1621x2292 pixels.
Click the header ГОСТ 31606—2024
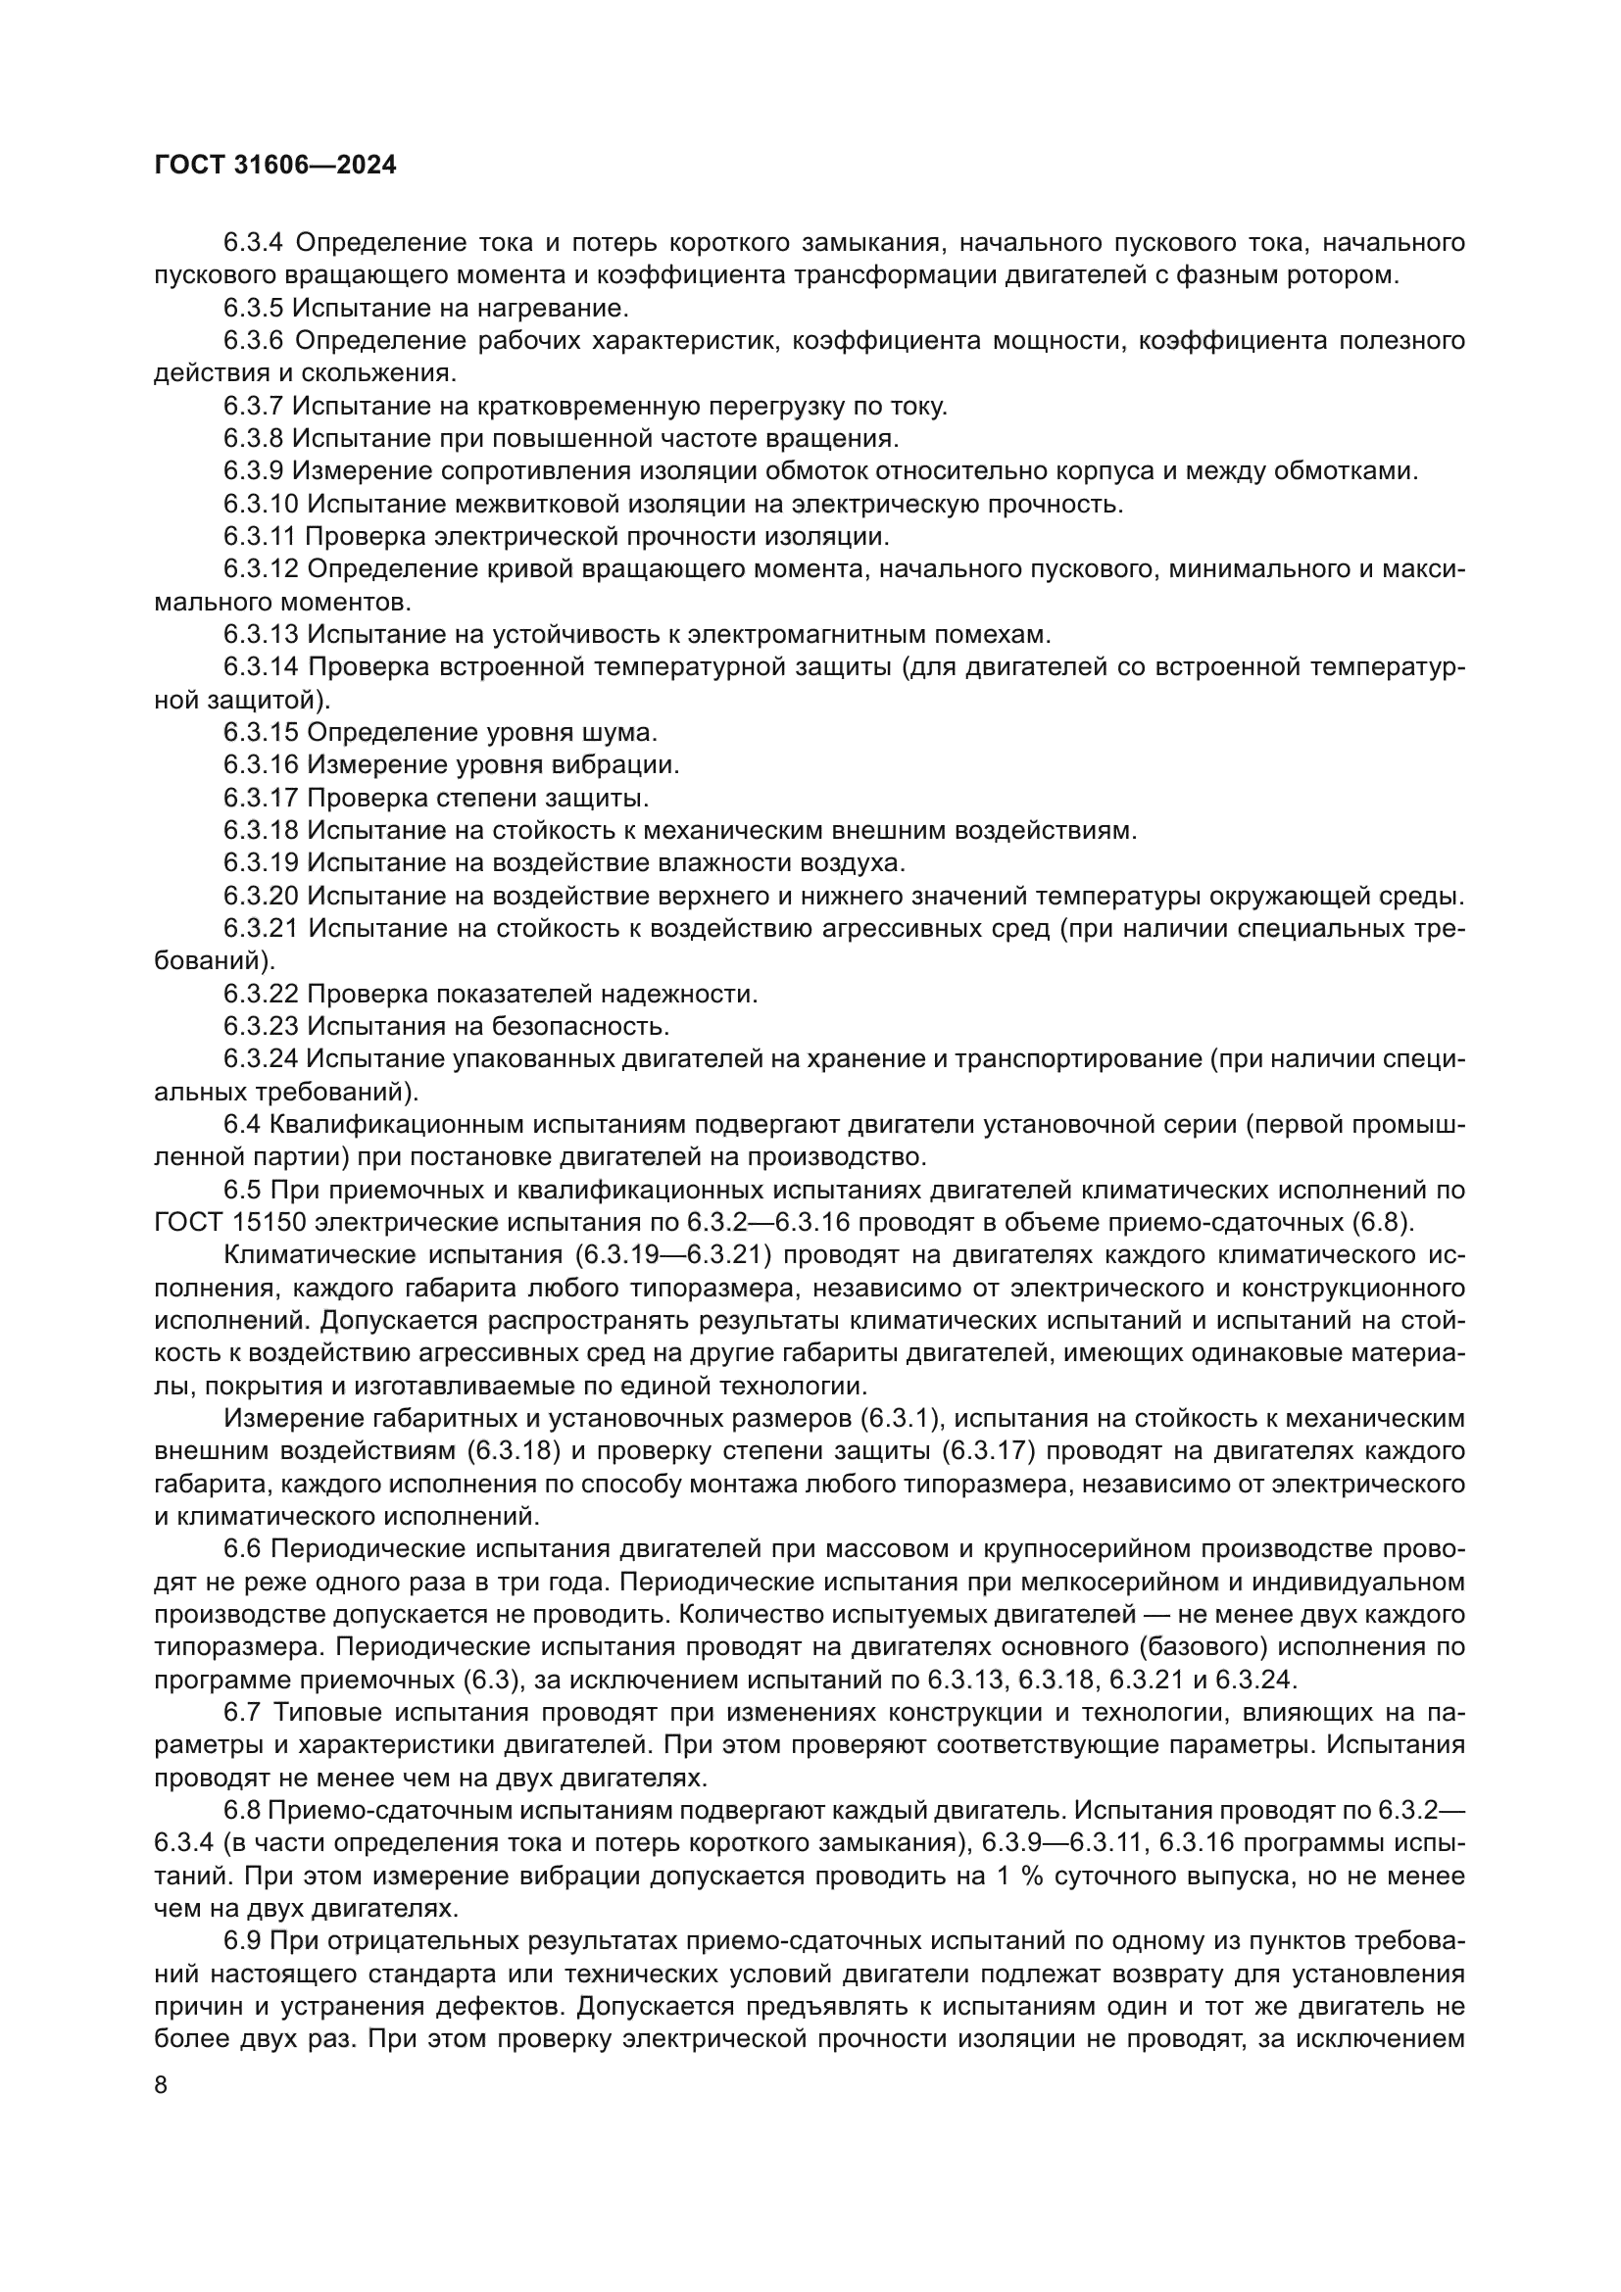click(x=275, y=165)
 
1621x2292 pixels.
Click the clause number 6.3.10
click(x=261, y=504)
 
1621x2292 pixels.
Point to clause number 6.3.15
click(x=261, y=733)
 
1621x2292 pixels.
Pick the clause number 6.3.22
click(x=261, y=995)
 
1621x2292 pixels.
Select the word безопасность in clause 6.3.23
click(x=587, y=1026)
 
